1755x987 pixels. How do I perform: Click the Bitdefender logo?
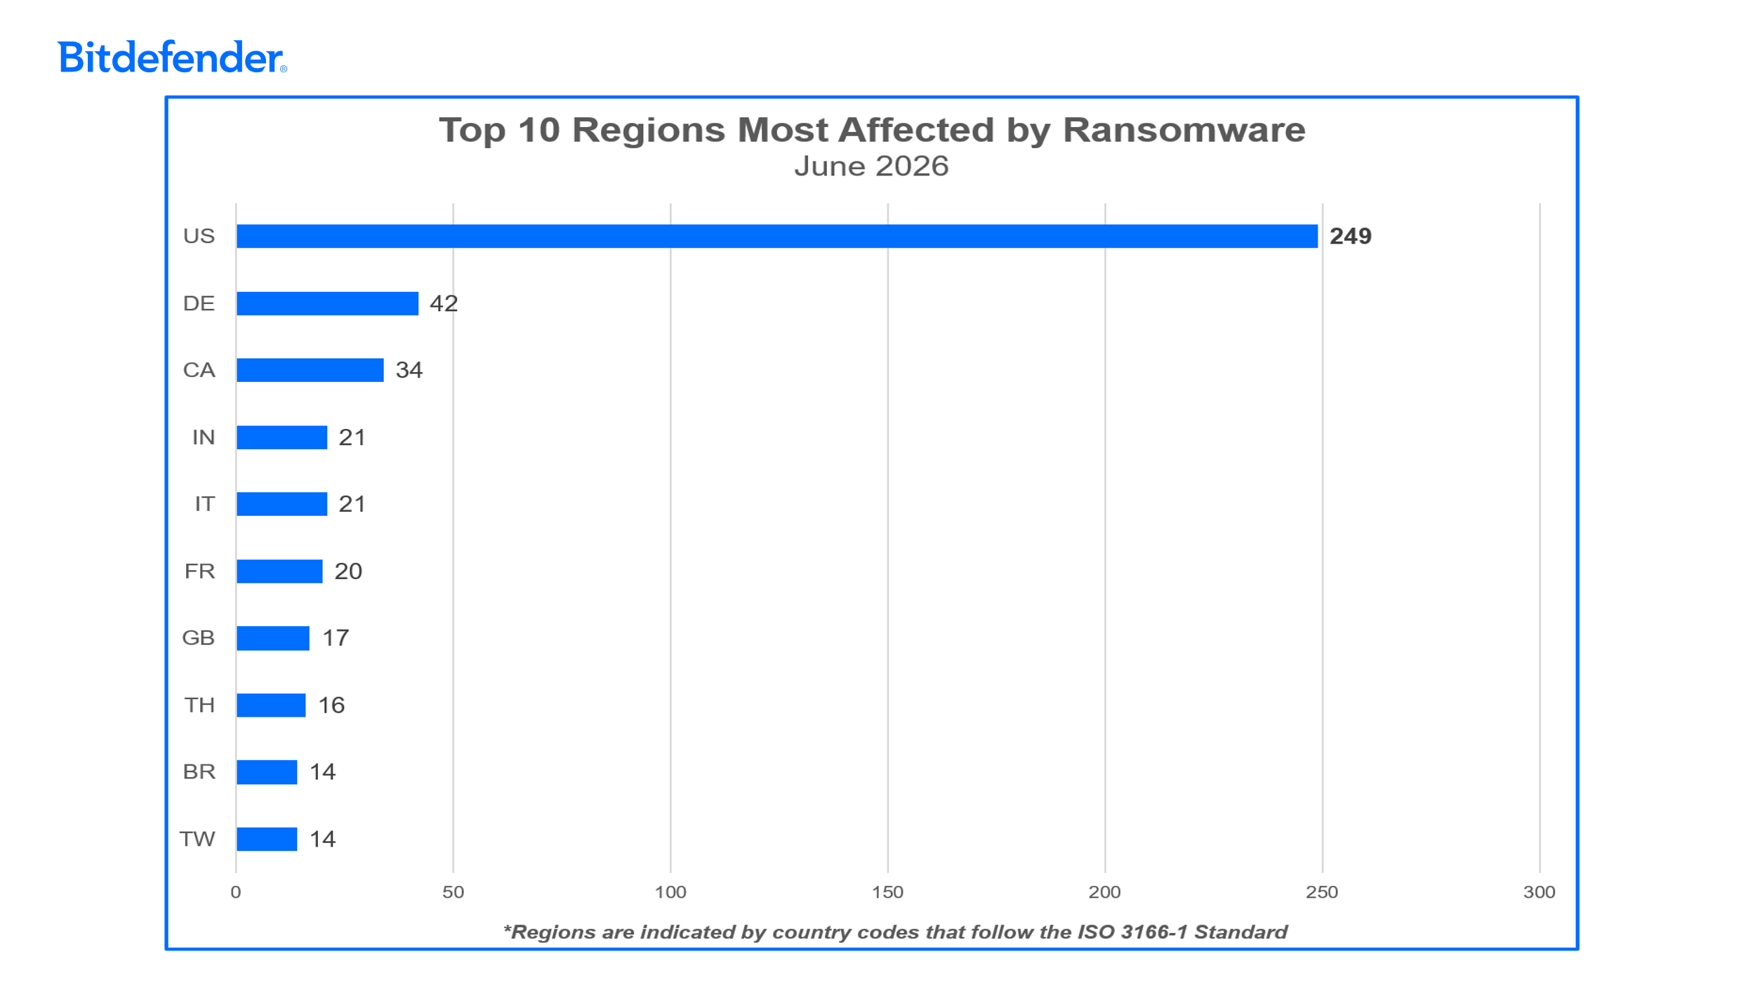tap(172, 57)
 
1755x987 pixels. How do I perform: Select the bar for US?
tap(777, 236)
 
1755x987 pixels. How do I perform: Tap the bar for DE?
tap(327, 303)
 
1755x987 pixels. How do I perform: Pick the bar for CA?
tap(310, 370)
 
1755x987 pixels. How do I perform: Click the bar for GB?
tap(273, 638)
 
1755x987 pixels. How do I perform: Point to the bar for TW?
tap(267, 839)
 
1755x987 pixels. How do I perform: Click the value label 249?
tap(1351, 236)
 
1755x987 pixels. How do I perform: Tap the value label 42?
tap(444, 303)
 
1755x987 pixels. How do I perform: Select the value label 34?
tap(409, 370)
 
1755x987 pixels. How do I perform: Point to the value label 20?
tap(348, 571)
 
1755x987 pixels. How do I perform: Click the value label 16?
tap(331, 705)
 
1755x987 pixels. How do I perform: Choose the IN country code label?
tap(204, 437)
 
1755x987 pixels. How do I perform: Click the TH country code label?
tap(199, 705)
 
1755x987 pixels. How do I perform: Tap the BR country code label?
tap(199, 771)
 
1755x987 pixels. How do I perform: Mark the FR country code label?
tap(200, 571)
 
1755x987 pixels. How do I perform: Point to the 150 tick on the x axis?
tap(887, 892)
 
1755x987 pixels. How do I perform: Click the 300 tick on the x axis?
tap(1539, 892)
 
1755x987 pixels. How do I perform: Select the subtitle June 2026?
tap(871, 166)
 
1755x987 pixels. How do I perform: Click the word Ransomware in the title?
tap(1184, 130)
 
